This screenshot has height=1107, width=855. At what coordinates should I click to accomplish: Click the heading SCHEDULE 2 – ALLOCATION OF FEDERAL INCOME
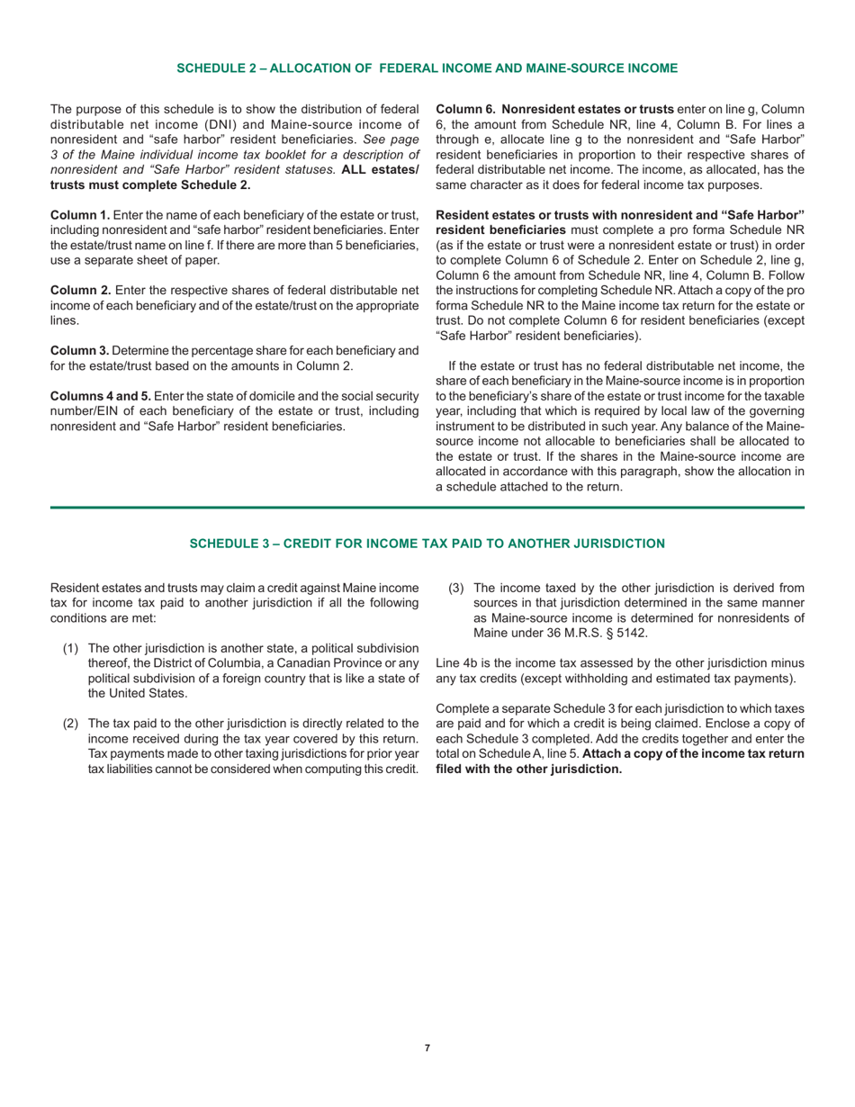coord(427,67)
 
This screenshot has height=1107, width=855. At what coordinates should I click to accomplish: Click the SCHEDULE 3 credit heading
coord(427,543)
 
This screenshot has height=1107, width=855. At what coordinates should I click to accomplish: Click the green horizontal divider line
coord(427,508)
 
